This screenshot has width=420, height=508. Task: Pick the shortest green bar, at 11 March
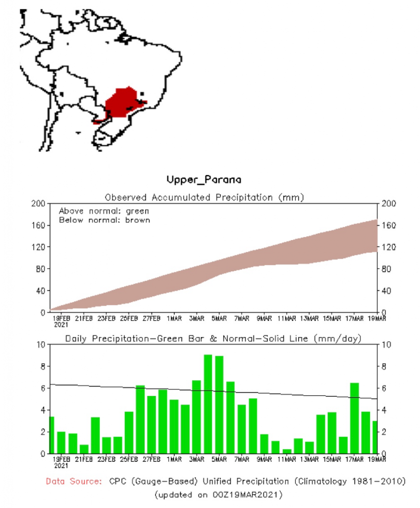(x=287, y=451)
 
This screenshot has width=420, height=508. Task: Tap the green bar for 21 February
(x=84, y=448)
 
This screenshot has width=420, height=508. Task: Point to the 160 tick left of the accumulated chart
(x=40, y=225)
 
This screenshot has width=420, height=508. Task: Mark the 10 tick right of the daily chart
(x=386, y=344)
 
